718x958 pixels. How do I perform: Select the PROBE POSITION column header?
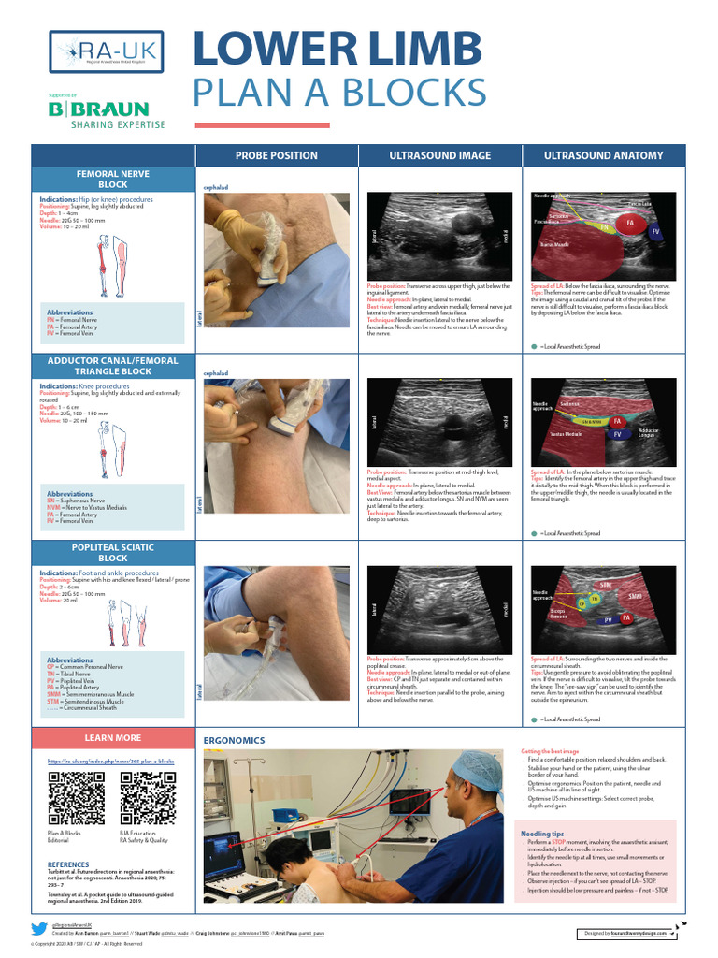click(x=276, y=155)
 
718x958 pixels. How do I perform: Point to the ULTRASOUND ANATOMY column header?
click(x=603, y=155)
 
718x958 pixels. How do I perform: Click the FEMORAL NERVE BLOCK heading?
click(x=112, y=179)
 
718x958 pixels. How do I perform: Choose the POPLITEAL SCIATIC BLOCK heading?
click(x=112, y=551)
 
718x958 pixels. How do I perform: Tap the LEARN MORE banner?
click(x=112, y=737)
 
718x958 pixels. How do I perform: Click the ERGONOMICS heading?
click(x=234, y=740)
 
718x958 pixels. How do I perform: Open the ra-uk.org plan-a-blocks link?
click(x=111, y=762)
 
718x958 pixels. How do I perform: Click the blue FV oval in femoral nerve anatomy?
click(x=655, y=230)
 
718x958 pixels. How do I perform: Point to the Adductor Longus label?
click(x=648, y=433)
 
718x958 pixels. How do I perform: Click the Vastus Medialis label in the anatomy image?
click(x=567, y=434)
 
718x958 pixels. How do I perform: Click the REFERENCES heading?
click(x=68, y=864)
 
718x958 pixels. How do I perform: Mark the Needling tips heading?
click(x=542, y=833)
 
